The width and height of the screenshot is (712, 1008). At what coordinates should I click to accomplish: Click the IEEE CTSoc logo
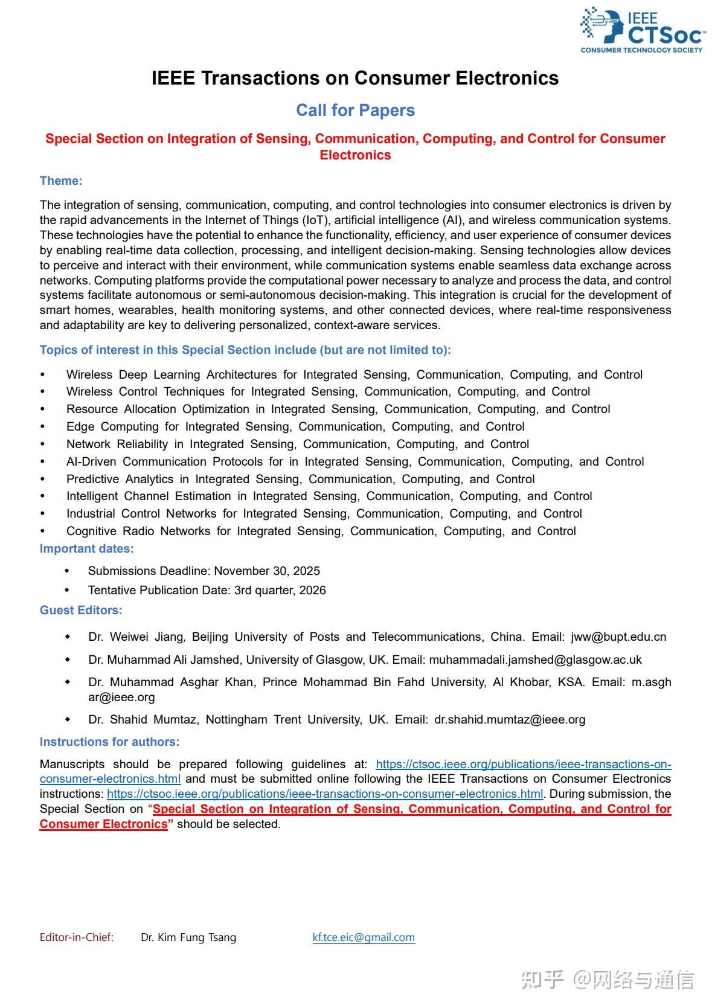point(642,30)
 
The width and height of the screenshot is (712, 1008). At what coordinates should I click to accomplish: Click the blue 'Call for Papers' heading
point(355,111)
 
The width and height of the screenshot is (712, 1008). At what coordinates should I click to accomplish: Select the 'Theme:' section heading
point(61,181)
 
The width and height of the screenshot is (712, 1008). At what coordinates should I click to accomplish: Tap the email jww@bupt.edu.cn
point(618,637)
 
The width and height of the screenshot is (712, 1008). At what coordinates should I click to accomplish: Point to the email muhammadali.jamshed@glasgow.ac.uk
point(535,660)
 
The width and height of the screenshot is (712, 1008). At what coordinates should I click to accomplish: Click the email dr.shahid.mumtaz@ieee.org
point(510,719)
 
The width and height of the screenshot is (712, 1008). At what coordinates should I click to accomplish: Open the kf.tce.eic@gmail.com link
point(364,937)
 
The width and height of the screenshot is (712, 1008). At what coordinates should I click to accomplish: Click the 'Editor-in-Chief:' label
point(77,937)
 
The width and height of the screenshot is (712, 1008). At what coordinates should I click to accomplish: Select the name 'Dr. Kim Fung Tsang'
point(188,937)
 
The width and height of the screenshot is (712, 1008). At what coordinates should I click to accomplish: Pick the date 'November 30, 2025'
point(267,571)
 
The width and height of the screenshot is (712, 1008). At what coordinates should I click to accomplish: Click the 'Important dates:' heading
point(86,548)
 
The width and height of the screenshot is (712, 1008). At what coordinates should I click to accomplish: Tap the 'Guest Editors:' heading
point(81,610)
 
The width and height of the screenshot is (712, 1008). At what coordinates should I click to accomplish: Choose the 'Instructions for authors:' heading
point(109,742)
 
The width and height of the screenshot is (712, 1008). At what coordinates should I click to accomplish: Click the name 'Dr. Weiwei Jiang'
point(135,637)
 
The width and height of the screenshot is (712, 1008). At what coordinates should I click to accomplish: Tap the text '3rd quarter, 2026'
point(280,591)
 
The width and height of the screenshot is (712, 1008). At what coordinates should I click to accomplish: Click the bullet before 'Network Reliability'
point(42,445)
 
